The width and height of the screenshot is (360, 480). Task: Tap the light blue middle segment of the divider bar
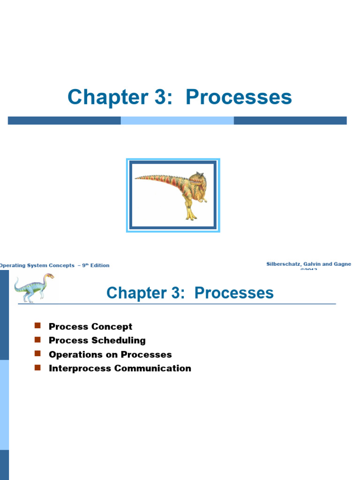[177, 120]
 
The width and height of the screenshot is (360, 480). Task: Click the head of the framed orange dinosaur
[197, 179]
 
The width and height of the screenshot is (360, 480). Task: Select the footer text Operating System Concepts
[37, 265]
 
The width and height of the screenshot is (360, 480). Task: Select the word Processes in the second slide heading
[234, 293]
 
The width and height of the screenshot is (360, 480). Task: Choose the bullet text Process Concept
[90, 327]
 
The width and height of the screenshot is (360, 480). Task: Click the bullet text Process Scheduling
[97, 340]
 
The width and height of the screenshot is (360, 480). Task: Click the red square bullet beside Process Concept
[38, 326]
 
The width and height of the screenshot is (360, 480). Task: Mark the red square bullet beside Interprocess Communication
[38, 367]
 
